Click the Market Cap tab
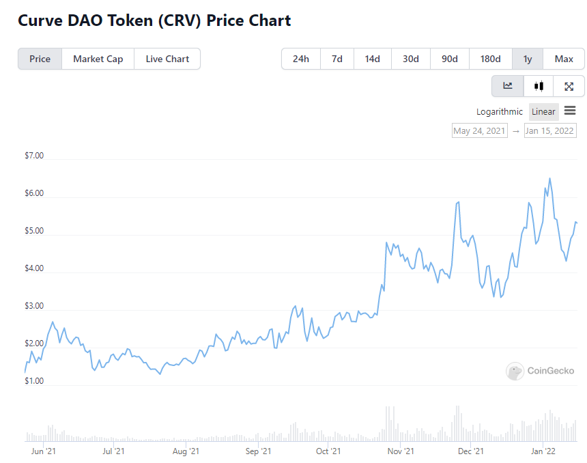[98, 59]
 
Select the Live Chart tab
[167, 59]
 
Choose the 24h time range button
[301, 59]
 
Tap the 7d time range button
[337, 59]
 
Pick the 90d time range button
[450, 59]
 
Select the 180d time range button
[490, 59]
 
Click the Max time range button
[564, 59]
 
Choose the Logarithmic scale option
[500, 111]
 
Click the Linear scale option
[543, 111]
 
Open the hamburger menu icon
[570, 111]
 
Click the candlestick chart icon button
[539, 86]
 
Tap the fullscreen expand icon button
[569, 86]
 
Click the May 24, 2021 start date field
[479, 130]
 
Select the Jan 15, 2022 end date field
[549, 130]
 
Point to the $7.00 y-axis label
[34, 156]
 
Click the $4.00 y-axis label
[34, 268]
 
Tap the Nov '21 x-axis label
[401, 451]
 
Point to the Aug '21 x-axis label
[186, 451]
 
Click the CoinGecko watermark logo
[540, 371]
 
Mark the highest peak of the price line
[550, 178]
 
